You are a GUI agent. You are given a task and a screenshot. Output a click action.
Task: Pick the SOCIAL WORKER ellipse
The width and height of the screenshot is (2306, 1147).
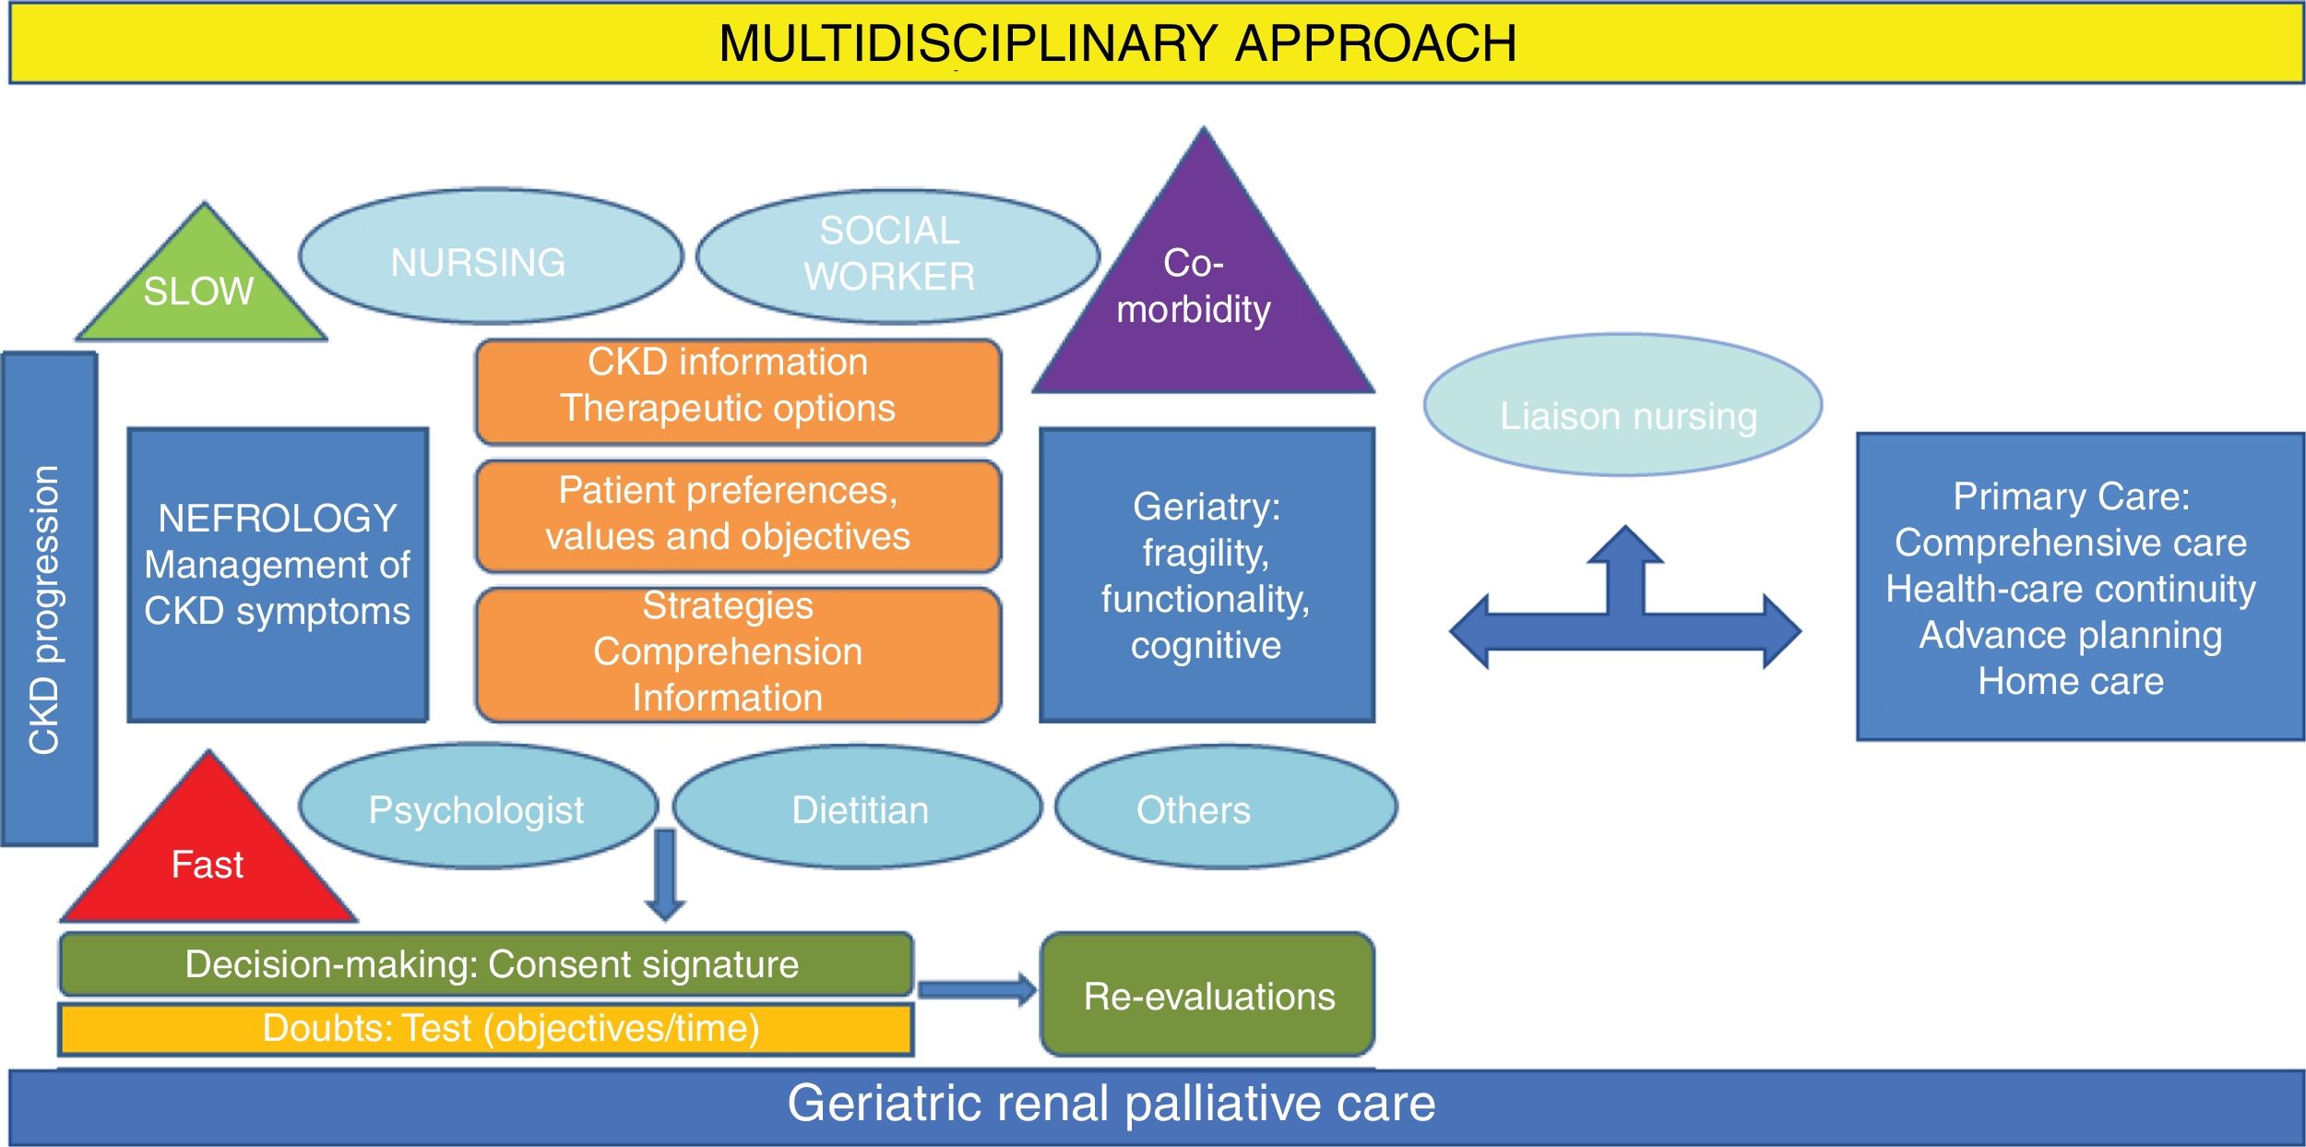(x=897, y=257)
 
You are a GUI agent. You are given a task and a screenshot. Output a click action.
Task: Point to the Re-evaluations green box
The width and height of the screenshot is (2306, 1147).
(x=1207, y=995)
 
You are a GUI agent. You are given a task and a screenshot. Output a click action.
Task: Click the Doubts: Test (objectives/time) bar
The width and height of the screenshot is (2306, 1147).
(x=486, y=1029)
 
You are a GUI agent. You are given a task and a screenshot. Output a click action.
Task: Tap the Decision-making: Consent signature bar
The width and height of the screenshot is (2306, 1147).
(x=486, y=964)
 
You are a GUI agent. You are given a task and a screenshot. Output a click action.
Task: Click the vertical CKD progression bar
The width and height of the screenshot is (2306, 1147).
(x=49, y=600)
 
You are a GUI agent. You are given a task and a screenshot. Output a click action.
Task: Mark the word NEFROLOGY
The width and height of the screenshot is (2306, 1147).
(x=278, y=519)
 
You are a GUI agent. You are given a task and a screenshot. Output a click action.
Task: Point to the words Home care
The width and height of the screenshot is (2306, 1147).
(x=2071, y=681)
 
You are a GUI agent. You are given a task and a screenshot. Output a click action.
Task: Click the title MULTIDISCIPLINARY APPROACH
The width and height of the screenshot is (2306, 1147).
(x=1117, y=43)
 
